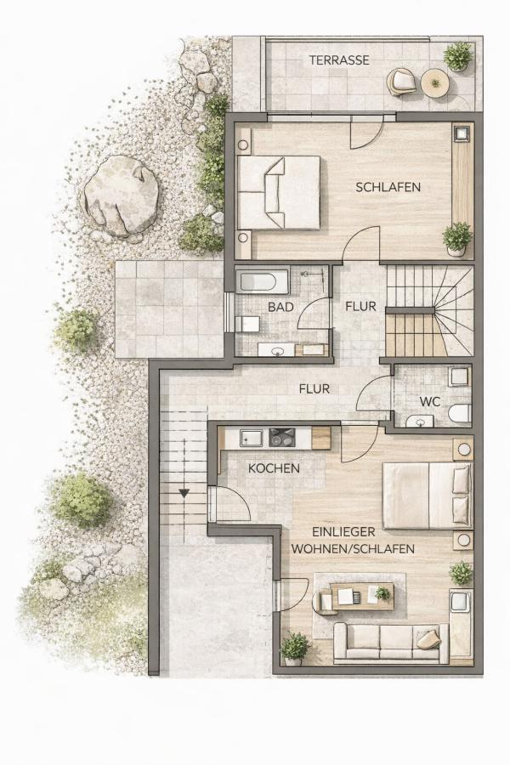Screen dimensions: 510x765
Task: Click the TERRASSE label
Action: tap(339, 60)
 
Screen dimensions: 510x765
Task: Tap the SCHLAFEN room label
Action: tap(388, 187)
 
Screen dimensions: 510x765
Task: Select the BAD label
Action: tap(280, 307)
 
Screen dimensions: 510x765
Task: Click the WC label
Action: tap(430, 402)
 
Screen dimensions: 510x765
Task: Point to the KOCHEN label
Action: tap(274, 468)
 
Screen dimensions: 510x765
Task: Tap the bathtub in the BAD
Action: tap(258, 282)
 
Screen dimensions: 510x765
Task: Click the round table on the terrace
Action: tap(434, 83)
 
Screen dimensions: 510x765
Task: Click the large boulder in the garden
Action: tap(121, 195)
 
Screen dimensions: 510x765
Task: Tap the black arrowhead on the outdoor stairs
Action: tap(184, 493)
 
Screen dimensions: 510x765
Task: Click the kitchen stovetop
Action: tap(281, 437)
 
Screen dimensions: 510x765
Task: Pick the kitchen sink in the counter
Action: tap(252, 438)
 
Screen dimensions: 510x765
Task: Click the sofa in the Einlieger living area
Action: tap(390, 643)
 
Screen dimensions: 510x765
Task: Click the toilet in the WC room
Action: tap(460, 413)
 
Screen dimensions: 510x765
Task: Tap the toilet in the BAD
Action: tap(247, 324)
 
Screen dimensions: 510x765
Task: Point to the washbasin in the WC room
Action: tap(419, 421)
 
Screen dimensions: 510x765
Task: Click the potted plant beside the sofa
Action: tap(295, 649)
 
